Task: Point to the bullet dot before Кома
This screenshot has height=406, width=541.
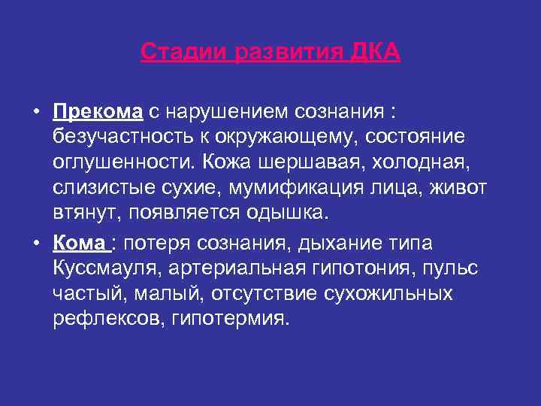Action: tap(36, 244)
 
